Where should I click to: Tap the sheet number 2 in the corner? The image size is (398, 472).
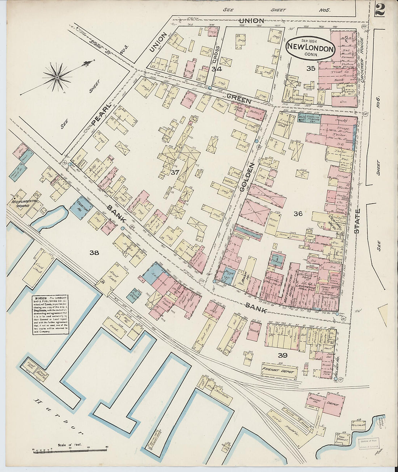coord(380,8)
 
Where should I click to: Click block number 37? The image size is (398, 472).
coord(175,173)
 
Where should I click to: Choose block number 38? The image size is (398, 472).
coord(94,253)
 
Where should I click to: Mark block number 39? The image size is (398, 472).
coord(283,355)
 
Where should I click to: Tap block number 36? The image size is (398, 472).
coord(298,214)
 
